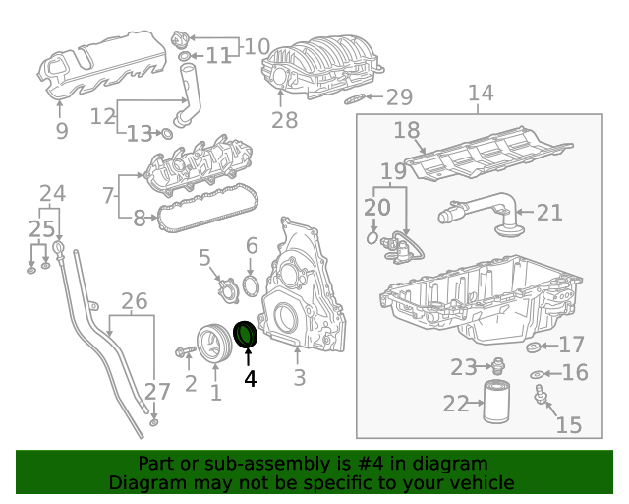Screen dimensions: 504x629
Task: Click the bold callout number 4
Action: (x=250, y=377)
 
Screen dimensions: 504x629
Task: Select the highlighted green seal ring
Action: (x=246, y=335)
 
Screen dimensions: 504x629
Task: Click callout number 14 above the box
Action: (x=480, y=94)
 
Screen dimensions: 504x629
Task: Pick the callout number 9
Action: (x=61, y=130)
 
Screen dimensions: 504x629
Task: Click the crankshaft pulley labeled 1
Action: (x=210, y=342)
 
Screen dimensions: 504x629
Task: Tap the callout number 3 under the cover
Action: (x=299, y=377)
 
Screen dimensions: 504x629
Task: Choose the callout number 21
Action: (x=549, y=211)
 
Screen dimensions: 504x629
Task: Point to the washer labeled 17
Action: (x=535, y=346)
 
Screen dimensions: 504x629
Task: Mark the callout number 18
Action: (x=407, y=131)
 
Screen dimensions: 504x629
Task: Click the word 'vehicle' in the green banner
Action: (x=479, y=482)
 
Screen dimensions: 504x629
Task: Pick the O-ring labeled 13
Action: (x=166, y=133)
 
